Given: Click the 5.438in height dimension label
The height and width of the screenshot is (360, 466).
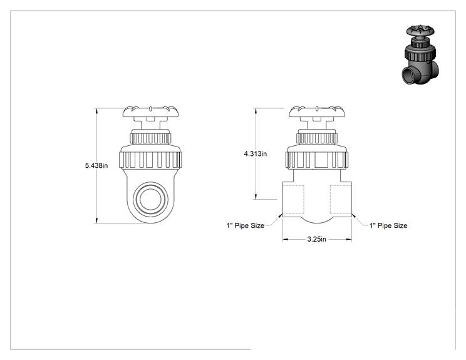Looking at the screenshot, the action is click(x=96, y=165).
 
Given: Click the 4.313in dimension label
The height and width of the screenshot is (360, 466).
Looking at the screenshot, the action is click(x=256, y=153).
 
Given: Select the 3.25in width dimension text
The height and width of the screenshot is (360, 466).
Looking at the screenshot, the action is click(x=316, y=239).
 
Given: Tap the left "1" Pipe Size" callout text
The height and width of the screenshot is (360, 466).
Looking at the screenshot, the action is click(x=246, y=225).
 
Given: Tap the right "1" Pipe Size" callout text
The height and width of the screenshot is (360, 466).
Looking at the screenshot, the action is click(x=388, y=225).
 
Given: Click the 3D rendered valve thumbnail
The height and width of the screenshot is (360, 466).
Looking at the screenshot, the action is click(x=420, y=55).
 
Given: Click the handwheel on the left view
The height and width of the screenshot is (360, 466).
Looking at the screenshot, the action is click(x=152, y=111).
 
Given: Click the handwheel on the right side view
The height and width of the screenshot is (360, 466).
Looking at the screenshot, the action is click(x=318, y=111).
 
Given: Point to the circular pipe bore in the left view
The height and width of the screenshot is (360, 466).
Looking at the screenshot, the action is click(x=150, y=199).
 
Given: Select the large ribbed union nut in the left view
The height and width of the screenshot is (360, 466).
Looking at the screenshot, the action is click(x=150, y=160).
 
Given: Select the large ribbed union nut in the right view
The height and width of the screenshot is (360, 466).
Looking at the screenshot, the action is click(x=317, y=160).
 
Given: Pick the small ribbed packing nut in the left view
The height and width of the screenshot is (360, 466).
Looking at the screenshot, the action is click(x=150, y=138).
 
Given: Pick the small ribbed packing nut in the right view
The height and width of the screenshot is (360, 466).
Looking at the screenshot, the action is click(x=317, y=138).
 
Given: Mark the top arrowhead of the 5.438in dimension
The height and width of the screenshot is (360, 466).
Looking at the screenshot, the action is click(x=96, y=110).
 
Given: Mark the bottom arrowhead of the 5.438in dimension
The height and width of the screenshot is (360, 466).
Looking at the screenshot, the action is click(x=96, y=220).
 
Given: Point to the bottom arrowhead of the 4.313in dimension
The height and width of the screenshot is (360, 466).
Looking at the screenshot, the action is click(x=256, y=197).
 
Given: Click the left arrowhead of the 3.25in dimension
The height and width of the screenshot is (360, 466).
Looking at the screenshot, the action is click(x=286, y=239).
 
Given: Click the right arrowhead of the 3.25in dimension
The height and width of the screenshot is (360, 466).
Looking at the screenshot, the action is click(x=349, y=239).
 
